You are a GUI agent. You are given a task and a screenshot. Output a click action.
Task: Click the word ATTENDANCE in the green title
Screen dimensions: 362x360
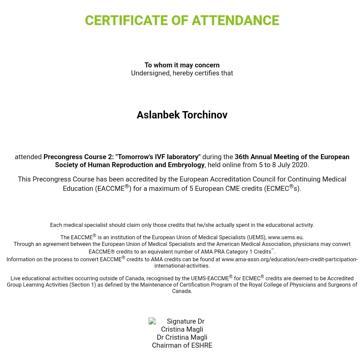click(235, 20)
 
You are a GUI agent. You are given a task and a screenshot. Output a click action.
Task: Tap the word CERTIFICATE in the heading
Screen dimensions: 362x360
click(127, 20)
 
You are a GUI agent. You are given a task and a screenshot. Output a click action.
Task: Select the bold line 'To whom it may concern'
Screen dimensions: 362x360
click(182, 65)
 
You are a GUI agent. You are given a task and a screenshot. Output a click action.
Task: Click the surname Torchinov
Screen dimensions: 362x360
click(205, 115)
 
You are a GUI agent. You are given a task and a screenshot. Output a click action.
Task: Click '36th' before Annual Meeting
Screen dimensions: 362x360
click(242, 157)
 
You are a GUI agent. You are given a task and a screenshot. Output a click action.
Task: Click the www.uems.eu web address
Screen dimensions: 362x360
click(285, 238)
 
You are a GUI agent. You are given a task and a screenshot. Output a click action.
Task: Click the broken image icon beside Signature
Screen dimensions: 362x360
click(152, 321)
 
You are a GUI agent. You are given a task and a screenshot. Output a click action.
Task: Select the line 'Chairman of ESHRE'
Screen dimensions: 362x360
click(182, 345)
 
